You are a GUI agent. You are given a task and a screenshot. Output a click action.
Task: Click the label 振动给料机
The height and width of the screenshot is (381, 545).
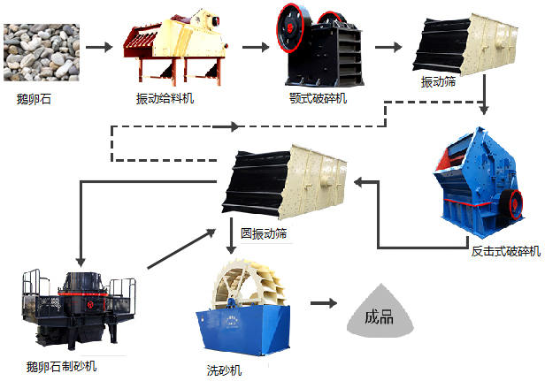point(165,98)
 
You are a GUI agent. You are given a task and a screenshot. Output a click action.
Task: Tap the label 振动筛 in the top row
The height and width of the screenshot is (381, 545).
point(441,82)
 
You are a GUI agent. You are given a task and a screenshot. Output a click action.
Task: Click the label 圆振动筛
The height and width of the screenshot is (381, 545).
point(264,234)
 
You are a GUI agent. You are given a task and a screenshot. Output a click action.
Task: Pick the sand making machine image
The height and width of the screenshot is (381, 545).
point(78,305)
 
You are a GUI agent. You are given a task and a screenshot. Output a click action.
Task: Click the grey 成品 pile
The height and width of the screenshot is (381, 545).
point(380,315)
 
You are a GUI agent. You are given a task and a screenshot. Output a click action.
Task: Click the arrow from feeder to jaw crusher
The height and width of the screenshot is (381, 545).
point(254,48)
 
